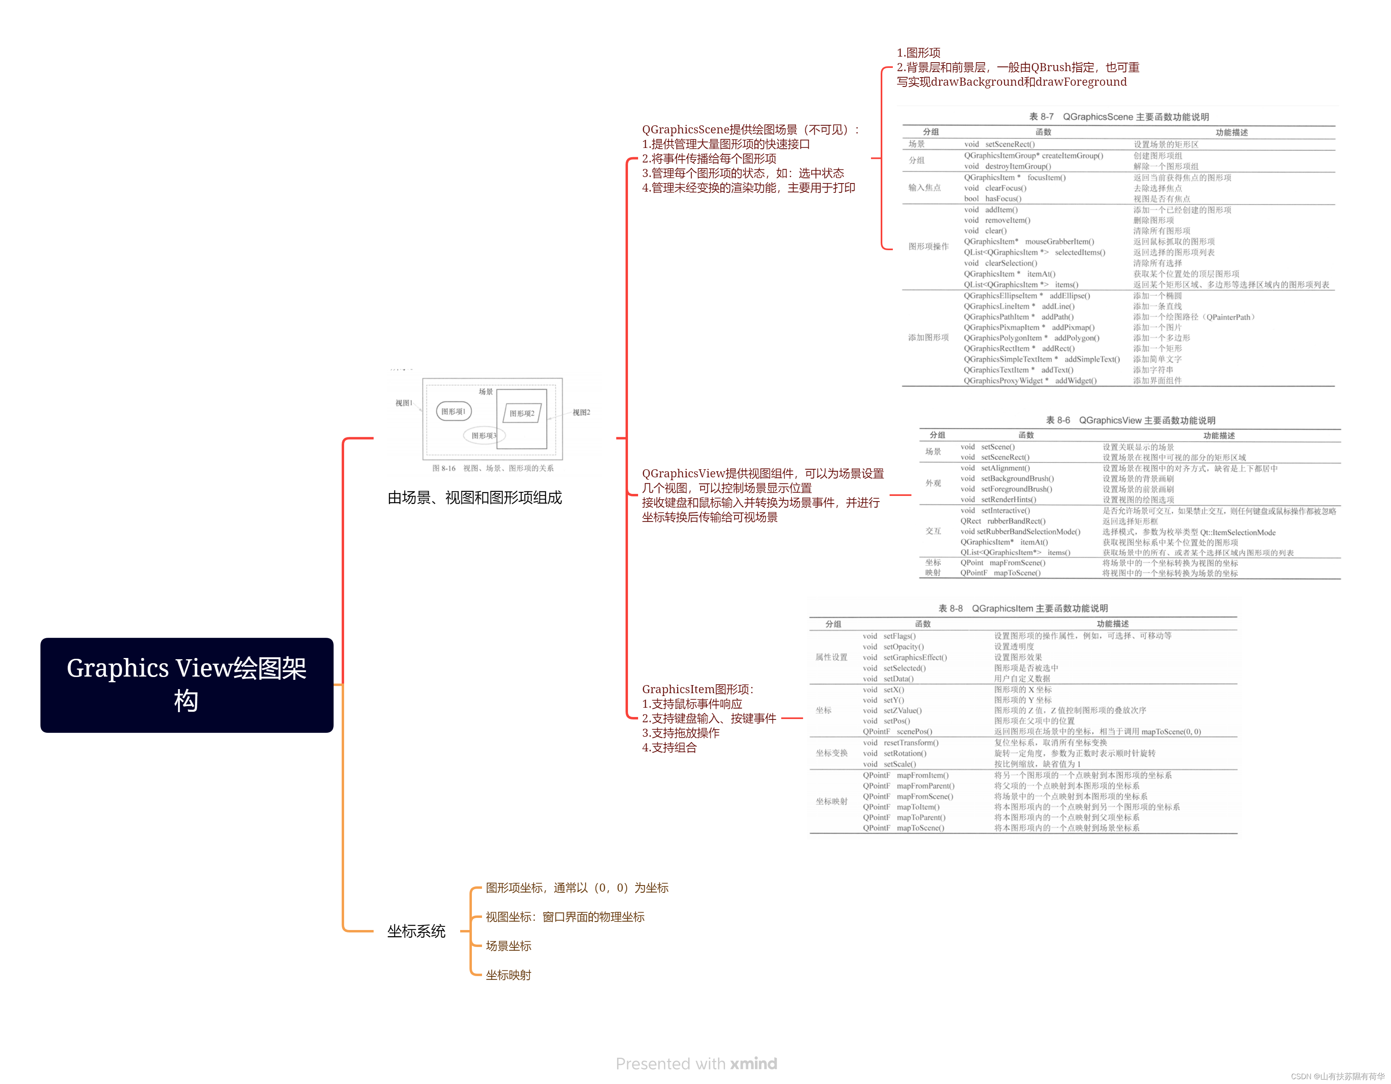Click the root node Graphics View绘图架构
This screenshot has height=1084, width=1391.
click(187, 685)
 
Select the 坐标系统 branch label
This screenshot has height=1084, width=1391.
click(416, 931)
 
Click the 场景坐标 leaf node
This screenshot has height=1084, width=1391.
click(508, 946)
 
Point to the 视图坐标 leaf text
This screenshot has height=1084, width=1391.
click(564, 917)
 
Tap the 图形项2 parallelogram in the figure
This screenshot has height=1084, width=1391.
click(522, 414)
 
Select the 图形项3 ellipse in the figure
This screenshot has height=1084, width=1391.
click(484, 435)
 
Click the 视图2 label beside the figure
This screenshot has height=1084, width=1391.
click(581, 413)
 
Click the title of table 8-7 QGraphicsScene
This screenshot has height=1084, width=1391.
click(1118, 117)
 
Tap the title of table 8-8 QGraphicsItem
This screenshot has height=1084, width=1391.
click(1023, 609)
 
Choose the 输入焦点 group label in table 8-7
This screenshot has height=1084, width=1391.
click(924, 188)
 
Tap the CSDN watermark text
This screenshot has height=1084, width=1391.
click(1338, 1076)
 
